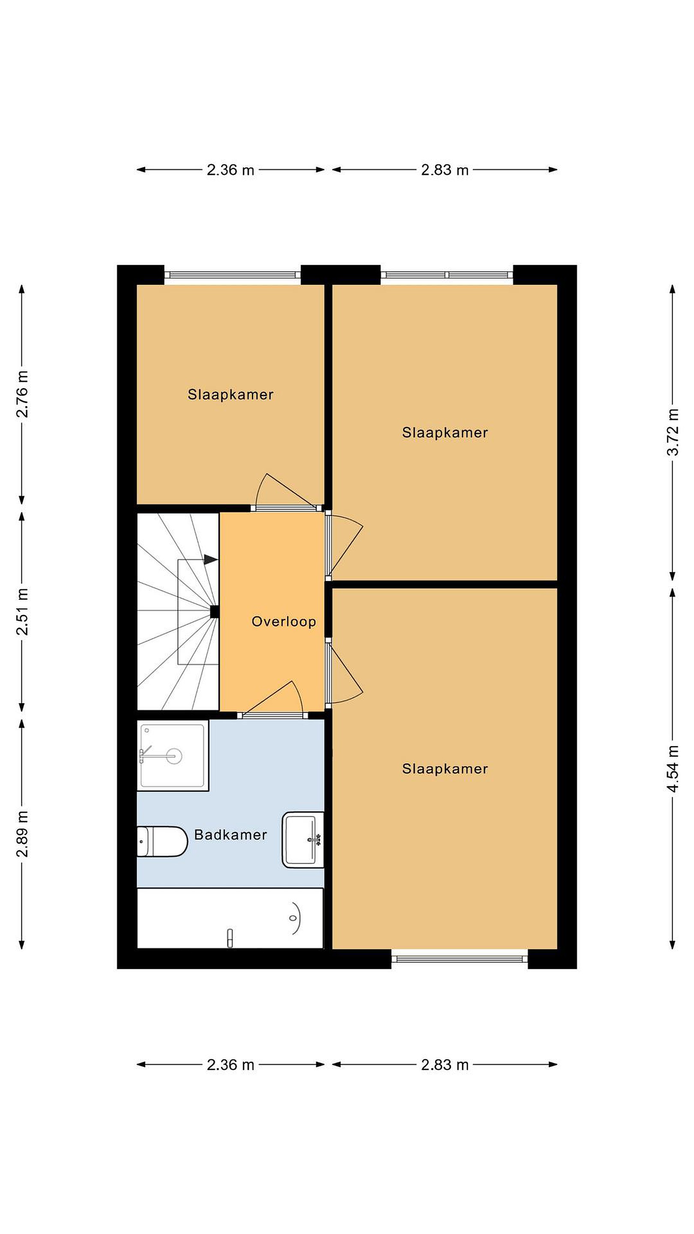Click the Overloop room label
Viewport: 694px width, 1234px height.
tap(284, 622)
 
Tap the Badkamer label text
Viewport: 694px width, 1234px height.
tap(230, 835)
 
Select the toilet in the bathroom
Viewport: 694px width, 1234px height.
tap(162, 841)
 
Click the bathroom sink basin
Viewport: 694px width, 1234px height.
tap(303, 839)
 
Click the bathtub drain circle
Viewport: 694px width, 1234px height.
tap(293, 918)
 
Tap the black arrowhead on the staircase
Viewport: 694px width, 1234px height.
tap(211, 559)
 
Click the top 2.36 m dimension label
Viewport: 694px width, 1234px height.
tap(230, 170)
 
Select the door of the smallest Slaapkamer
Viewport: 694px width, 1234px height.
tap(285, 491)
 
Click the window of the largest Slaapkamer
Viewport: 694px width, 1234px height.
tap(459, 959)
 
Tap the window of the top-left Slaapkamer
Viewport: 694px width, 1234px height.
tap(232, 275)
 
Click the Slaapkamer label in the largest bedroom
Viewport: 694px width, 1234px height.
tap(445, 769)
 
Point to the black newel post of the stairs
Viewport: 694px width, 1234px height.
tap(215, 611)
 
